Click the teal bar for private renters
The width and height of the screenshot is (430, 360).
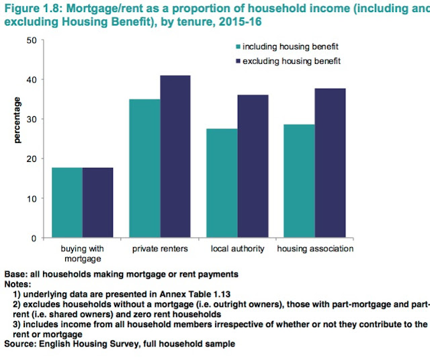tap(145, 168)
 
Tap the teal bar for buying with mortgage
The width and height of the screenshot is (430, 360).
tap(67, 202)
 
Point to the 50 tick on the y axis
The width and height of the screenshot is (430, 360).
tap(31, 40)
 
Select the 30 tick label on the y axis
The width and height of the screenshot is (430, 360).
tap(31, 120)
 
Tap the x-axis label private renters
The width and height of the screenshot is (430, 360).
tap(159, 249)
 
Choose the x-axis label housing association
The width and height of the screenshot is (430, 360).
tap(316, 249)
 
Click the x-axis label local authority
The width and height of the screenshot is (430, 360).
tap(237, 249)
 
